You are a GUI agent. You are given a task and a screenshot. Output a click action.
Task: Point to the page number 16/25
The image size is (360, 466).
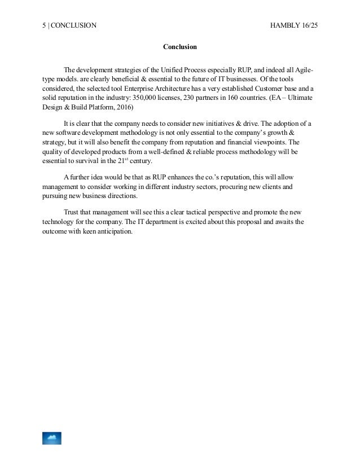[308, 25]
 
